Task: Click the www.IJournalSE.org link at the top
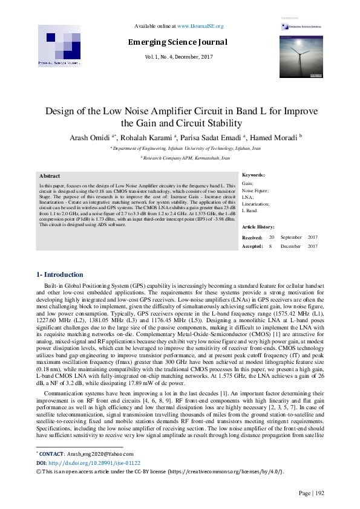(x=200, y=27)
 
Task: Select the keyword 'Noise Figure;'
(x=255, y=190)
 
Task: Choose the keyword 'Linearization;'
(x=257, y=204)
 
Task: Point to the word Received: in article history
(x=252, y=238)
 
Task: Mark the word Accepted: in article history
(x=252, y=246)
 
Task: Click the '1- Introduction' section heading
(x=61, y=275)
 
